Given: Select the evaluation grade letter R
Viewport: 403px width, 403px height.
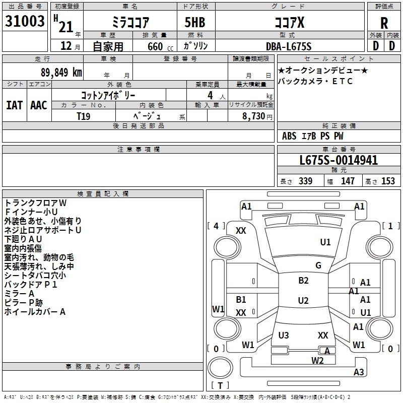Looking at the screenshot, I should click(x=384, y=23).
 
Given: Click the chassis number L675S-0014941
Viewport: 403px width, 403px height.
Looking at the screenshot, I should click(x=338, y=161).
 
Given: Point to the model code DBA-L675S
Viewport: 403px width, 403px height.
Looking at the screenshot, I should click(x=289, y=46).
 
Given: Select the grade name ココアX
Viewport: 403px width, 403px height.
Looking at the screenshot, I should click(x=289, y=23).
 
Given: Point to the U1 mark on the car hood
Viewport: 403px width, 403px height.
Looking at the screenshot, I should click(x=325, y=242).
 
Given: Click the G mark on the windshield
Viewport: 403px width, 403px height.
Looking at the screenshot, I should click(x=318, y=265).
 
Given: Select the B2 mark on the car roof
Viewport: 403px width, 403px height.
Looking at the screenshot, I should click(x=303, y=281).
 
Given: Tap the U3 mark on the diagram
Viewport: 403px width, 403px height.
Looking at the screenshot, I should click(x=284, y=335).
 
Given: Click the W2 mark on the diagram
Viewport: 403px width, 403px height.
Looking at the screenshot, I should click(x=317, y=360).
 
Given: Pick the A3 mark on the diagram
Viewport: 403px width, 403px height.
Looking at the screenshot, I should click(x=359, y=372).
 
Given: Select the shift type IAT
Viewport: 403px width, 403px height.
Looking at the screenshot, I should click(x=14, y=105).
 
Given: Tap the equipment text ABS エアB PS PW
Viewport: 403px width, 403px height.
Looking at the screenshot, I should click(x=312, y=136).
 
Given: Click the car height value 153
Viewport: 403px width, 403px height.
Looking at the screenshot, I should click(x=388, y=181).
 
